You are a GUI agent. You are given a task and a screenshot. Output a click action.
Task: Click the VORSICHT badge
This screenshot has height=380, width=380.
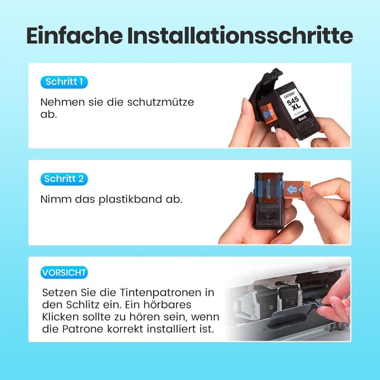[x=64, y=273]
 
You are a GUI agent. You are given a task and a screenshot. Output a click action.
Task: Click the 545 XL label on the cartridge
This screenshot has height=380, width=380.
[x=296, y=107]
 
